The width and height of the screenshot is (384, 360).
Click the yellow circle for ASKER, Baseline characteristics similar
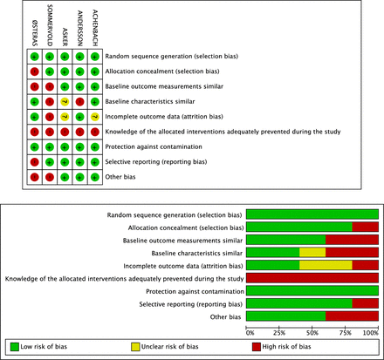(64, 101)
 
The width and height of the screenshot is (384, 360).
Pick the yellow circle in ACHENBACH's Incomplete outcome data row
(94, 116)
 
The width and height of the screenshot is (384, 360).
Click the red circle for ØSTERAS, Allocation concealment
(33, 71)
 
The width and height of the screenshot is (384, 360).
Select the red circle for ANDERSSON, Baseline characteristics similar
(79, 101)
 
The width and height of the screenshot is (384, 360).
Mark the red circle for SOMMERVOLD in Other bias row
(49, 177)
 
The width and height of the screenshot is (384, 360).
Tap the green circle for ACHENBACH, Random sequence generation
(94, 57)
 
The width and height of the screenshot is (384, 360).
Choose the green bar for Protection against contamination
(312, 290)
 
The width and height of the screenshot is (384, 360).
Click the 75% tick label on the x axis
(346, 332)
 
